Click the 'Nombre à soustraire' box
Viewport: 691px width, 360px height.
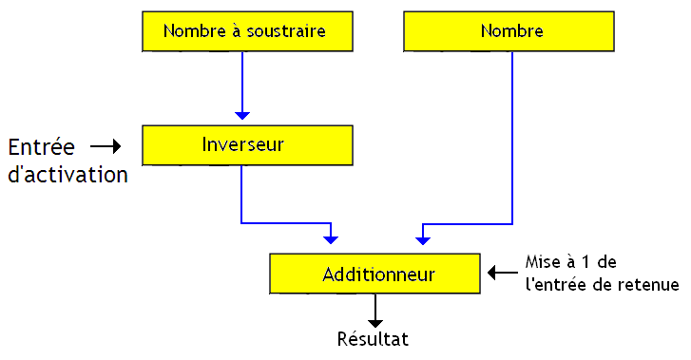tap(244, 31)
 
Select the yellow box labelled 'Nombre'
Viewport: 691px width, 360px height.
tap(511, 31)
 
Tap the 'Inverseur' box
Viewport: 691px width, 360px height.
tap(244, 145)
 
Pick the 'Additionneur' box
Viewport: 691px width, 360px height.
tap(377, 275)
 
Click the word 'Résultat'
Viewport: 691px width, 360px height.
tap(374, 338)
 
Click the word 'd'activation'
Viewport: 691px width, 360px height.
tap(67, 176)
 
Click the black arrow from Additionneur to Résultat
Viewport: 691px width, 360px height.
tap(376, 310)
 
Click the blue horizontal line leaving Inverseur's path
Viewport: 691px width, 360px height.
tap(285, 223)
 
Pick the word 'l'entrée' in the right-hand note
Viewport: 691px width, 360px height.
tap(555, 284)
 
